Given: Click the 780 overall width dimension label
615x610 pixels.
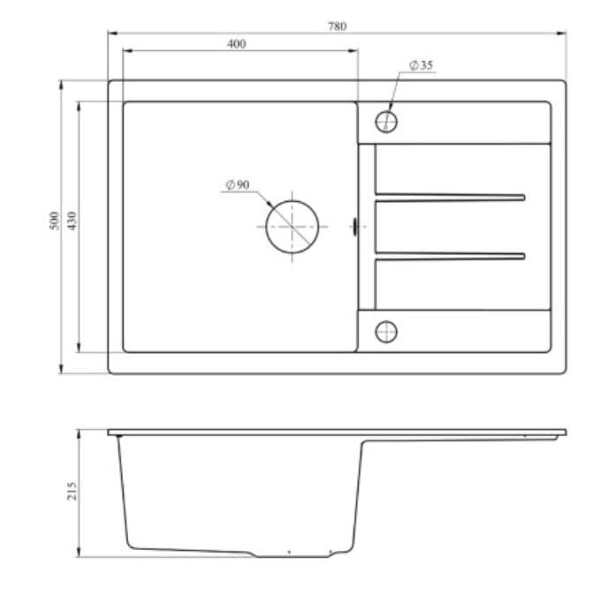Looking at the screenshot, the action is tap(337, 26).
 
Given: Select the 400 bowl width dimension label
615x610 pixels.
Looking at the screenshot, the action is tap(237, 44).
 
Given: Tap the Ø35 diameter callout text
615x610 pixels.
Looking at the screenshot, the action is tap(421, 65).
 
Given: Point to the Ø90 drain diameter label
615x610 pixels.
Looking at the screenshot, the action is tap(238, 185).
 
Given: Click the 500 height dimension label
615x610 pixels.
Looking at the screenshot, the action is tap(55, 221).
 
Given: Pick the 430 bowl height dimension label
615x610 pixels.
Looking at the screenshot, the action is tap(72, 221).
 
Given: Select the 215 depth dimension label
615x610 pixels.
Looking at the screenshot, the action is tap(72, 491).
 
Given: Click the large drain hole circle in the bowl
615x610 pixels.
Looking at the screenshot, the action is tap(292, 200).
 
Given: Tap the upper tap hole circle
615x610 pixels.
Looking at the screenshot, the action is tap(386, 111).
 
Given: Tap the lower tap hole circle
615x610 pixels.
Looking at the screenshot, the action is tap(386, 320).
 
